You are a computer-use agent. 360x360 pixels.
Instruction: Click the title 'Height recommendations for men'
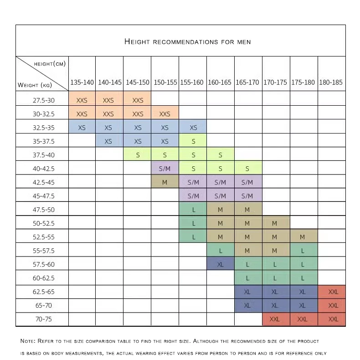[187, 42]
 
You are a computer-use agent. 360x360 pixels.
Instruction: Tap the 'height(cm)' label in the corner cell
[50, 64]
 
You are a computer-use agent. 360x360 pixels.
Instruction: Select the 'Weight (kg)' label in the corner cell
[35, 85]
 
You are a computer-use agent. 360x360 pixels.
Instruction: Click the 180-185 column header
[331, 82]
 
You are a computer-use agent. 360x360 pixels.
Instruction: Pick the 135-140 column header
[82, 82]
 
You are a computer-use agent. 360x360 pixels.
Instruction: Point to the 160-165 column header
[220, 82]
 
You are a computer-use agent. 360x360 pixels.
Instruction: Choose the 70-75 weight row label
[43, 319]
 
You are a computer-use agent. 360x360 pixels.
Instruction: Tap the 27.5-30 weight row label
[43, 100]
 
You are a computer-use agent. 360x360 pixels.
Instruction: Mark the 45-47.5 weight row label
[43, 196]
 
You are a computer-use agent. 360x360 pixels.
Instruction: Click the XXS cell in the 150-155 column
[165, 114]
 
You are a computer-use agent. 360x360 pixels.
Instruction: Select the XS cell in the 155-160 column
[193, 128]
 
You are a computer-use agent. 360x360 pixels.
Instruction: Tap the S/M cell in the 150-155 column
[165, 169]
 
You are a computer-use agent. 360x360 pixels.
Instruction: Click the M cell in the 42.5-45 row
[165, 182]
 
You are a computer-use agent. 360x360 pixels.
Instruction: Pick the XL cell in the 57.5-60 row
[220, 264]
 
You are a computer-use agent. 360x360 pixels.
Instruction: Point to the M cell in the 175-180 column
[303, 237]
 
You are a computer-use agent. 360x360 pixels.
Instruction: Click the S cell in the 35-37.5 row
[193, 141]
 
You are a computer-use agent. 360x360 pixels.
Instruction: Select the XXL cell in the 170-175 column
[275, 319]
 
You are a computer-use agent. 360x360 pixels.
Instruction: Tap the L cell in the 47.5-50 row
[193, 210]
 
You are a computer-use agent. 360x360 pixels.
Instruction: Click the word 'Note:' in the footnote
[29, 341]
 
